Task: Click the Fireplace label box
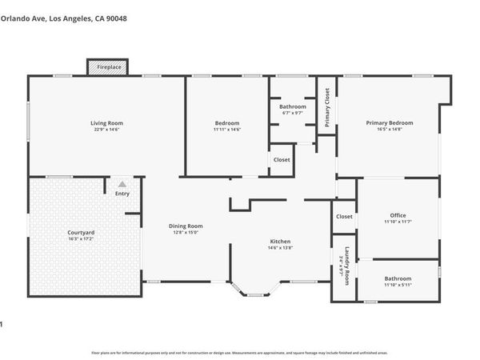[x=110, y=67]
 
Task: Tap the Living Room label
[x=106, y=122]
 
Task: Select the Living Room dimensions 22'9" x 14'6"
[x=106, y=129]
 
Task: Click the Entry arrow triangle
[x=122, y=183]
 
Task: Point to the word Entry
[x=122, y=193]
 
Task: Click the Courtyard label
[x=82, y=232]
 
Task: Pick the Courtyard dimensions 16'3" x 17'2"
[x=82, y=238]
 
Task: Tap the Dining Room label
[x=186, y=226]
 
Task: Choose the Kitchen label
[x=280, y=241]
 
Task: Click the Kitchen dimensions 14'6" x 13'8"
[x=280, y=247]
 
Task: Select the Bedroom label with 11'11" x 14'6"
[x=226, y=122]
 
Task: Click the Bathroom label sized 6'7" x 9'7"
[x=293, y=106]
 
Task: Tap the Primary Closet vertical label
[x=327, y=107]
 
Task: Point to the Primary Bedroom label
[x=390, y=122]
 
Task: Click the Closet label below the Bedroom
[x=282, y=159]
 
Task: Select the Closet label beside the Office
[x=344, y=216]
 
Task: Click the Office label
[x=398, y=215]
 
